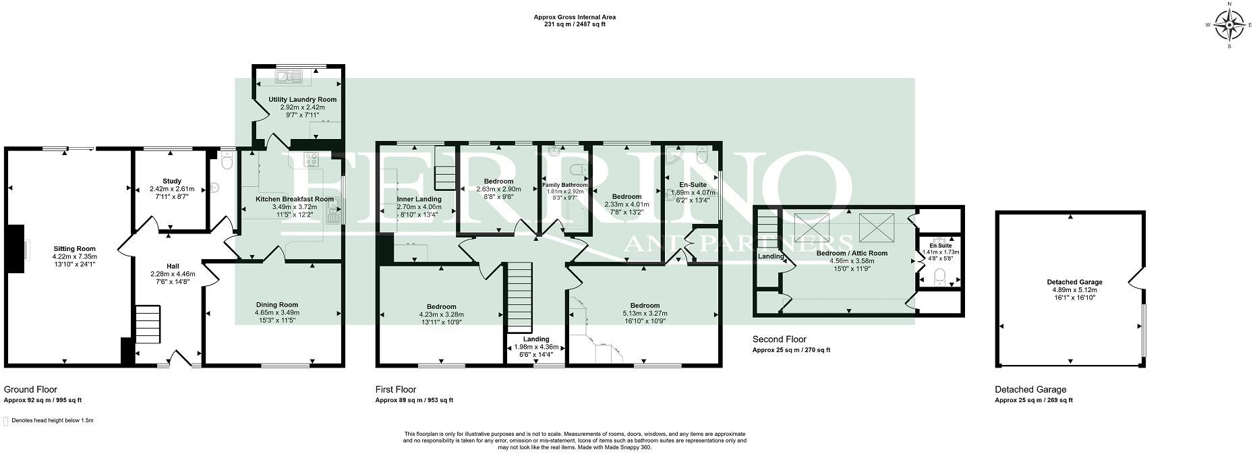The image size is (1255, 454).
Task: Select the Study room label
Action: (172, 181)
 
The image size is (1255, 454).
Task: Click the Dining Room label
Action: (276, 305)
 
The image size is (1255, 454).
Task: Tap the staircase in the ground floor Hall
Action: (148, 327)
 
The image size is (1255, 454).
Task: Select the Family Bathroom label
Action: (565, 185)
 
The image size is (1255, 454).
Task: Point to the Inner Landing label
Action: (419, 199)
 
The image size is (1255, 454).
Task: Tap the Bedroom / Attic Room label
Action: (852, 253)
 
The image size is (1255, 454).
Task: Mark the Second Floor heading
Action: (779, 339)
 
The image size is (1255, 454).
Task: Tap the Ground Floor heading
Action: (30, 389)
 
